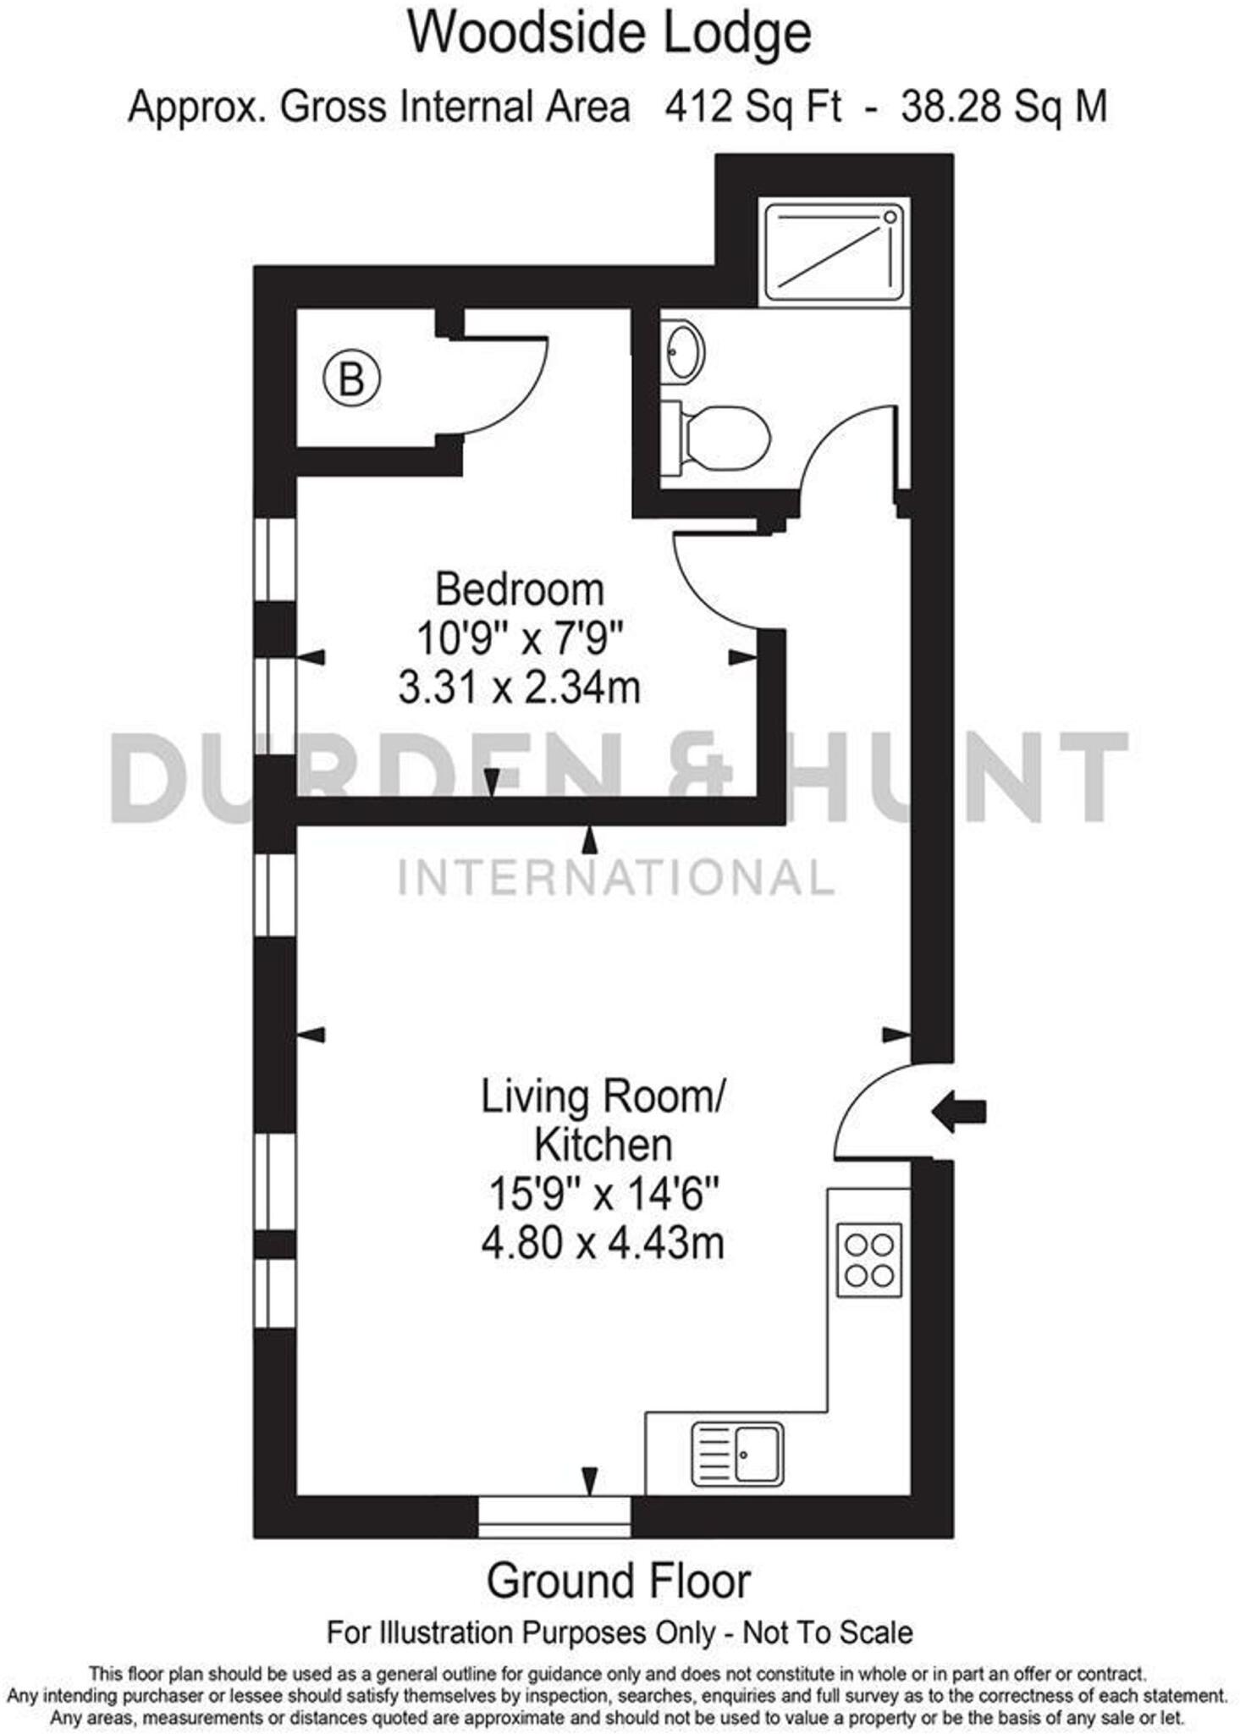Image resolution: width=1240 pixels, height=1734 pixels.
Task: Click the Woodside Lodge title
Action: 609,35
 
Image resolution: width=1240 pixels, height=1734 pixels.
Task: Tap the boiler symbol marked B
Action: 351,378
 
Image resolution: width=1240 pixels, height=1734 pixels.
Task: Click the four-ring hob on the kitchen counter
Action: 869,1261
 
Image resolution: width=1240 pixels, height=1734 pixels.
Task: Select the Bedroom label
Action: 520,589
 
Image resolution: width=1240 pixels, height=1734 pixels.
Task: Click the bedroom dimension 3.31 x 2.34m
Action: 520,688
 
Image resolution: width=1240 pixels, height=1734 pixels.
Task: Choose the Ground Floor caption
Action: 619,1582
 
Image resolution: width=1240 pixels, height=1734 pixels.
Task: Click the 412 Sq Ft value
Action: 753,108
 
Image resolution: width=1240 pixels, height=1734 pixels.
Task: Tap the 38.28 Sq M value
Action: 1004,108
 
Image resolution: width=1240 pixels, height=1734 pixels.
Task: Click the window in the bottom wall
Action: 554,1517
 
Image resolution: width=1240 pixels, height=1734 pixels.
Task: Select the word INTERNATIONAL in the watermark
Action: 617,877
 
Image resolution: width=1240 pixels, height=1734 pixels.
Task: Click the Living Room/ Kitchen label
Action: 603,1120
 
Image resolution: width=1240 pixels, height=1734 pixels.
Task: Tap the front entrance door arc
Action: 872,1110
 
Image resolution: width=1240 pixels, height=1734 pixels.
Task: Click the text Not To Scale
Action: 828,1632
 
